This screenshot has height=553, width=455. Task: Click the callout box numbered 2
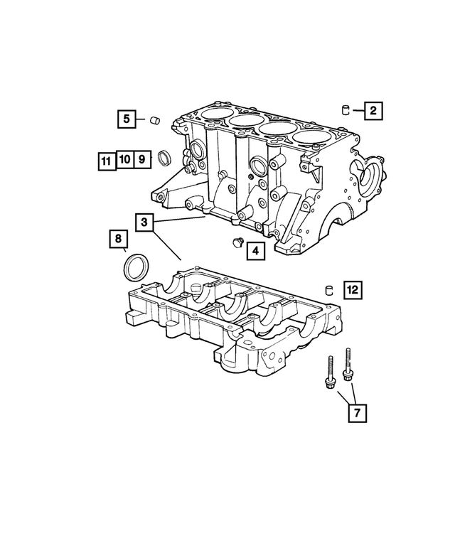pos(373,110)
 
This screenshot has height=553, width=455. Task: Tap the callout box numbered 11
pos(105,160)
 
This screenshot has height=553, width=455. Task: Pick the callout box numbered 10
pos(124,159)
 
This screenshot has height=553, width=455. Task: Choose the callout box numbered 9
pos(141,159)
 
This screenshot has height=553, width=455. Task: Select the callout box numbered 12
pos(353,289)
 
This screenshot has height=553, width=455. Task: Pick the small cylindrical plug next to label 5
pos(154,120)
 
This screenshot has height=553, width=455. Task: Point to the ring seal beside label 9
pos(164,157)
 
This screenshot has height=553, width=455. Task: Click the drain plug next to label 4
pos(237,244)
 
